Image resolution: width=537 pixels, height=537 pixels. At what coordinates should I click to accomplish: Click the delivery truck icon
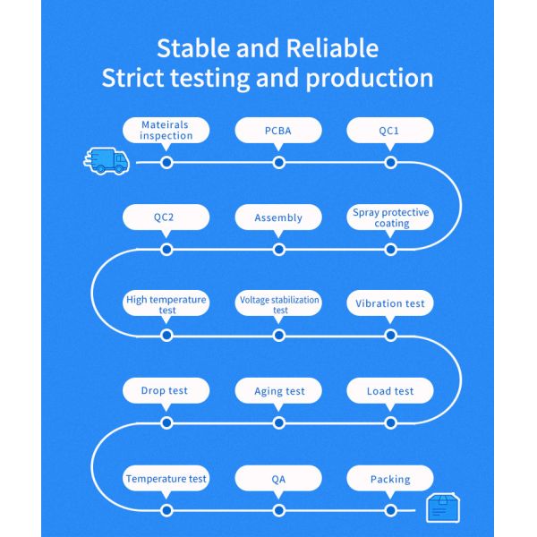107,161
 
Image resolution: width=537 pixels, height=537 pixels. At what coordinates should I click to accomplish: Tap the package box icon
443,507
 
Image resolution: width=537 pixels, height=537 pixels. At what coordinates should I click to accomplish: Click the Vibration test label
390,303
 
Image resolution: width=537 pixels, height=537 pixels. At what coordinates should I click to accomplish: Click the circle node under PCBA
278,162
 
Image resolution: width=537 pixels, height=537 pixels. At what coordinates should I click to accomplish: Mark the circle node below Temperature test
166,510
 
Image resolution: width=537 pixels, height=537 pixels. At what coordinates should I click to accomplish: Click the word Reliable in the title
332,48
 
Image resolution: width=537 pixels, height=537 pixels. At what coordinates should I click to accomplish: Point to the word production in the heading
369,79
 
